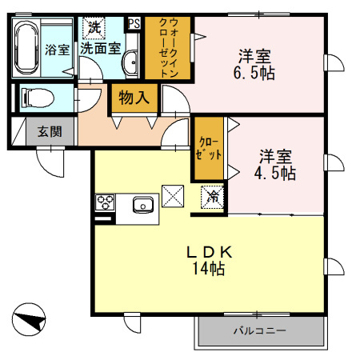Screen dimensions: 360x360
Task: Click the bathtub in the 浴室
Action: pyautogui.click(x=26, y=48)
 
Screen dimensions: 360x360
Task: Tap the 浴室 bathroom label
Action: pyautogui.click(x=57, y=49)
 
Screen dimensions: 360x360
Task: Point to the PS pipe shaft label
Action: pyautogui.click(x=134, y=24)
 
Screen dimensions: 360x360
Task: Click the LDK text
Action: pyautogui.click(x=210, y=251)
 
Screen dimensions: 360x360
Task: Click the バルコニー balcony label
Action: pyautogui.click(x=259, y=330)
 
